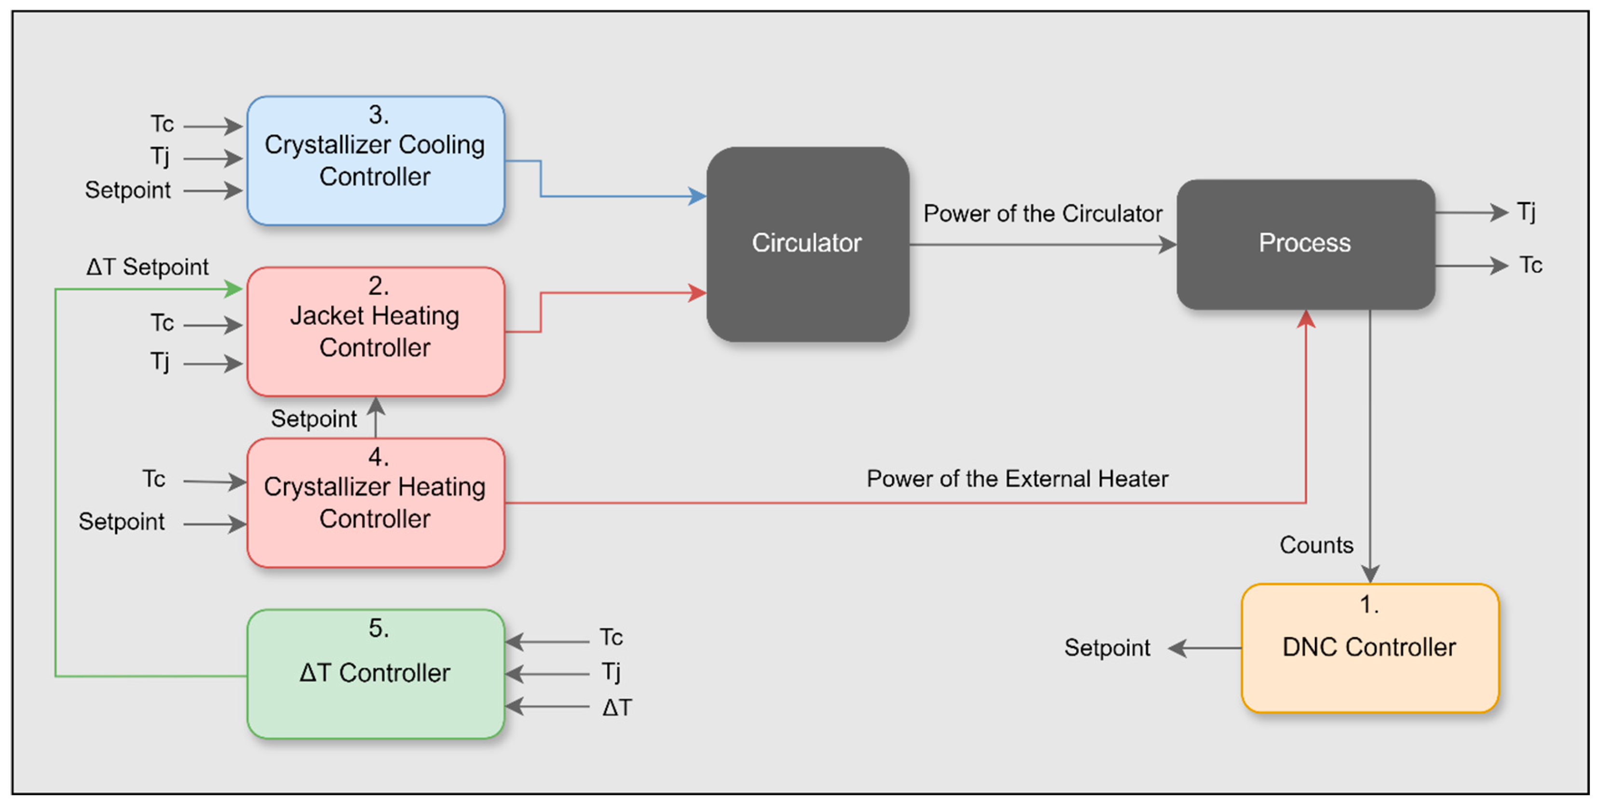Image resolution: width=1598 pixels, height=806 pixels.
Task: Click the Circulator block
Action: point(807,244)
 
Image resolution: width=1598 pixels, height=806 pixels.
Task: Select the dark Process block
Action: point(1305,244)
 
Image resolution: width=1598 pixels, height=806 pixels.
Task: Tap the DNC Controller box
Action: point(1369,648)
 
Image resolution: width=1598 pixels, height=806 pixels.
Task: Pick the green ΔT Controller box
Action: point(375,674)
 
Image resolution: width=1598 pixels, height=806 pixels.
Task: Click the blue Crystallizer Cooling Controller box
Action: point(375,161)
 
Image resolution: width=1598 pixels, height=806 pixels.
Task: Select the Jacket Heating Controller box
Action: point(375,332)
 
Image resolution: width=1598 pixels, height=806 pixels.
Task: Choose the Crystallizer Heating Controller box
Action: point(375,503)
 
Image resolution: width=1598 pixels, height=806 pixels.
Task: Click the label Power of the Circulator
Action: point(1042,214)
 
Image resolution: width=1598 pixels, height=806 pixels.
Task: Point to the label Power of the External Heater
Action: point(1017,479)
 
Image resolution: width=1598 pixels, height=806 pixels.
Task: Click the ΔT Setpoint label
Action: point(147,267)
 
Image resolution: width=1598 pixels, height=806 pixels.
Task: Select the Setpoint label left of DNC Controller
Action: point(1107,648)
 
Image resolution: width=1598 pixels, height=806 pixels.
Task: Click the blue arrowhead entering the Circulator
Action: point(697,197)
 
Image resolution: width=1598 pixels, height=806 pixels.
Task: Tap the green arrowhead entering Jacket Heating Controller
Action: point(234,289)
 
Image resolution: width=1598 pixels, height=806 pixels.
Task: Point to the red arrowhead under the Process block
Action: point(1306,319)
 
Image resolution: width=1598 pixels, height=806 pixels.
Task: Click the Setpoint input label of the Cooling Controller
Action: point(127,191)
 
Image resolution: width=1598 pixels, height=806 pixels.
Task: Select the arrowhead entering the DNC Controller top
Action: point(1370,574)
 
